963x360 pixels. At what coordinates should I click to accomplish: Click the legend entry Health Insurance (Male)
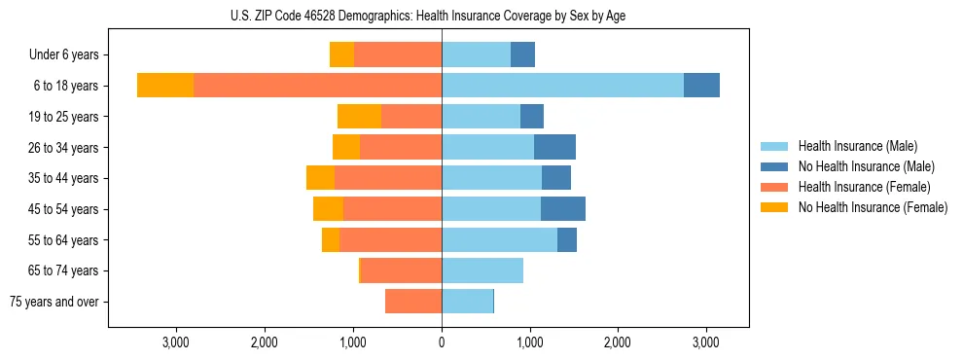[x=856, y=146]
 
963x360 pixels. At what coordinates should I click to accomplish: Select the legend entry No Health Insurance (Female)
[x=872, y=207]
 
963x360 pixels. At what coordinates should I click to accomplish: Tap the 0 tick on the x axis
[x=442, y=342]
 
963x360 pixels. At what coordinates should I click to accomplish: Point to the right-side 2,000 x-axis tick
[x=618, y=342]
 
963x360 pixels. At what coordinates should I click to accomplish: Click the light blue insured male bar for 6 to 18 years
[x=562, y=86]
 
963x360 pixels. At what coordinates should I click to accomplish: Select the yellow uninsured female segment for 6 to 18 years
[x=165, y=86]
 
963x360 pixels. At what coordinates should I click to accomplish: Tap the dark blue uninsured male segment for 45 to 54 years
[x=563, y=209]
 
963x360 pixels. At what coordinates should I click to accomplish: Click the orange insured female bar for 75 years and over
[x=413, y=302]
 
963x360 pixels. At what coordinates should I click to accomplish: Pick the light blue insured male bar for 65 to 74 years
[x=482, y=270]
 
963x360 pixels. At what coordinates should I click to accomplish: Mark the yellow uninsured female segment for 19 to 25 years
[x=359, y=117]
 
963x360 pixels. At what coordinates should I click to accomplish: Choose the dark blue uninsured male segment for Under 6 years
[x=522, y=55]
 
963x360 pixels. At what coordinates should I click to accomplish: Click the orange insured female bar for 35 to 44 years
[x=388, y=178]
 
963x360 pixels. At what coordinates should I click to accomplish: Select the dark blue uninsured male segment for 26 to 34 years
[x=554, y=148]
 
